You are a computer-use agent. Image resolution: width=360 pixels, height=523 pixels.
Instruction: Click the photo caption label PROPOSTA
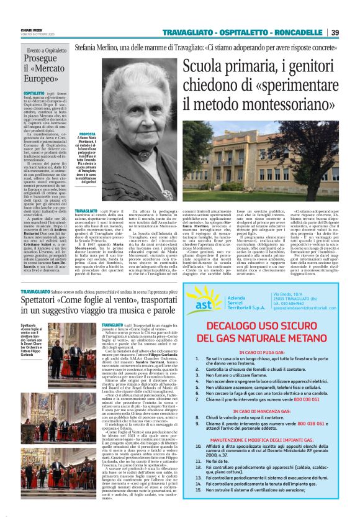coord(88,134)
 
